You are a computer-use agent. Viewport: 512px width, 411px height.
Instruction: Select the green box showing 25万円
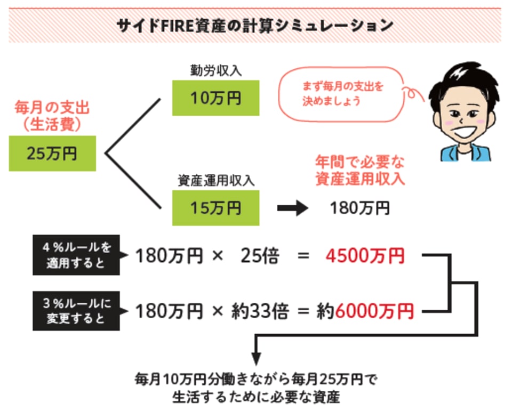52,154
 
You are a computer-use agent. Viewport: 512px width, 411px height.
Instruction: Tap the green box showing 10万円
215,98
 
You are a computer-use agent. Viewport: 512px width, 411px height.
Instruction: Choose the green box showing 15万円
215,208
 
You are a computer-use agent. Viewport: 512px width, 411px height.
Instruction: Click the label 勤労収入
215,70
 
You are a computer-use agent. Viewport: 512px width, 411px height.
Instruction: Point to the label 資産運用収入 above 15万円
215,181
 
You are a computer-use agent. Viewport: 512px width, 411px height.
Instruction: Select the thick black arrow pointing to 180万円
293,208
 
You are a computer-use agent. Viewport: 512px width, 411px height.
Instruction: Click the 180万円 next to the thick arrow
359,208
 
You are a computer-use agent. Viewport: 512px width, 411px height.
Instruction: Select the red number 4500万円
364,256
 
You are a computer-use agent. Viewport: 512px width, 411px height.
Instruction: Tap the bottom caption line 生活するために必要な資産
256,398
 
